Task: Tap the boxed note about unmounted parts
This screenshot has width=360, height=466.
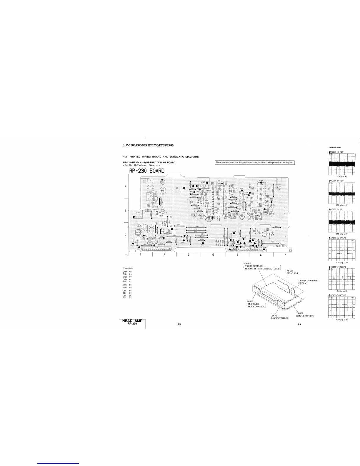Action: pos(255,163)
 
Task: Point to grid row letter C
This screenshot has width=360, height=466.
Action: pos(126,235)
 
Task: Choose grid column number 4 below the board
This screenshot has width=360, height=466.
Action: pos(213,255)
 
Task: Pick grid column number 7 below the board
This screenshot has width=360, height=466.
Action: pos(285,255)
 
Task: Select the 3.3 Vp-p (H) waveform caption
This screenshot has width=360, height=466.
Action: pos(342,176)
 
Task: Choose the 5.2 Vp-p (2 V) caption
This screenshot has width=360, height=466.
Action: pos(342,320)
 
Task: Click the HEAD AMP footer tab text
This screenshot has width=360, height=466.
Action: pos(132,321)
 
